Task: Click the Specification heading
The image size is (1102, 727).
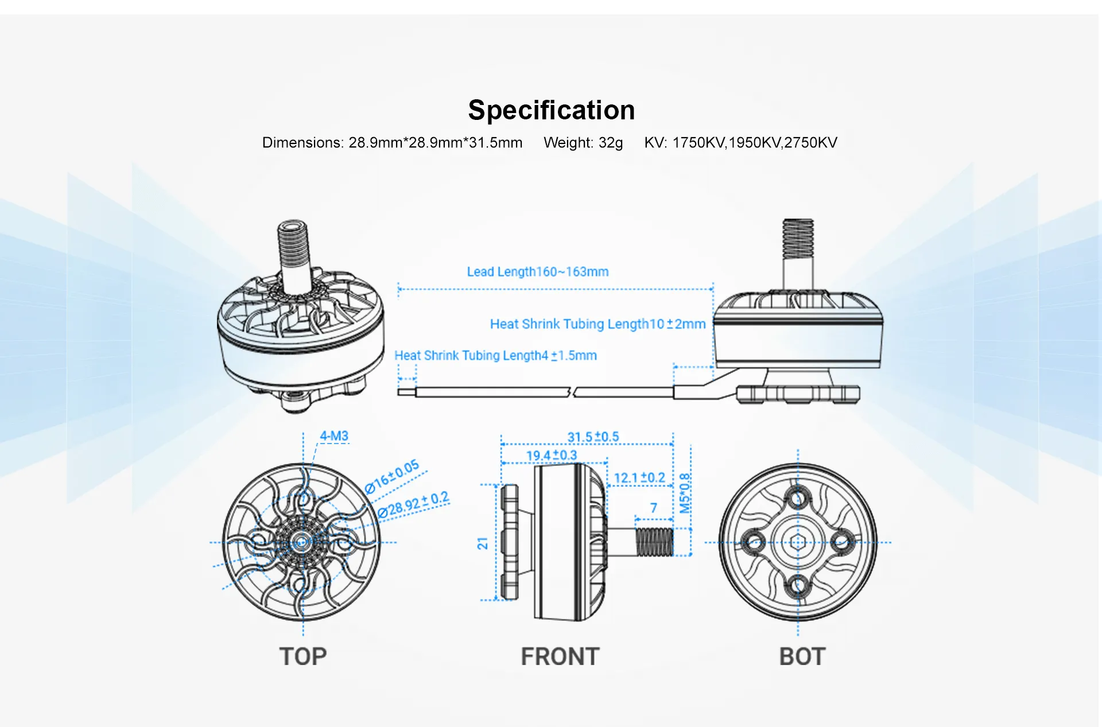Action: [x=551, y=110]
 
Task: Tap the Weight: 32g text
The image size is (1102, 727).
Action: [x=583, y=143]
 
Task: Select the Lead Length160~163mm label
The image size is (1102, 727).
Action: [x=537, y=272]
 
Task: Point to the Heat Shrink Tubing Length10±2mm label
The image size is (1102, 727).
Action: [x=597, y=324]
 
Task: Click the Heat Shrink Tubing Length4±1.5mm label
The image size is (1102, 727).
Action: [x=495, y=356]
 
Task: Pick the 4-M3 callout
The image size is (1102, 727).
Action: [x=334, y=436]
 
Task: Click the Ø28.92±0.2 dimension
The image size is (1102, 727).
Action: [x=413, y=504]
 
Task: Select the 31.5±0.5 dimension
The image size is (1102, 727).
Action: [x=593, y=437]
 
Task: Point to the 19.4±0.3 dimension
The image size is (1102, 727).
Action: [x=551, y=456]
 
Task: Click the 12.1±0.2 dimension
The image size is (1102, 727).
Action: [x=639, y=478]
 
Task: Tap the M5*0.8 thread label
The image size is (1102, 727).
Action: [x=685, y=493]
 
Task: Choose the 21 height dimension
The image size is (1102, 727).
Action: [x=483, y=543]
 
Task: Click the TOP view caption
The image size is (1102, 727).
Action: [x=303, y=656]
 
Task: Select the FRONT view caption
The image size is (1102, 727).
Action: [x=560, y=656]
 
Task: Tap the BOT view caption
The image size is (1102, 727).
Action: [x=802, y=656]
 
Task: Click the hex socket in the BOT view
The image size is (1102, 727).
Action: [x=798, y=542]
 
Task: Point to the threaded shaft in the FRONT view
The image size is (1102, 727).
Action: [x=654, y=542]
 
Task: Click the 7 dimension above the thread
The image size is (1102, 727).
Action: [x=653, y=508]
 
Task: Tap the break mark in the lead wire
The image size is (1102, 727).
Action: [x=572, y=392]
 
